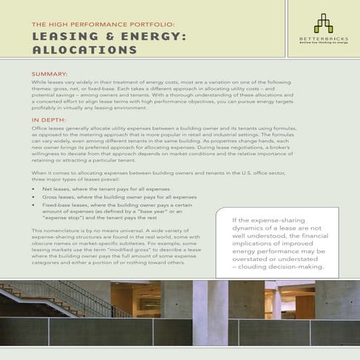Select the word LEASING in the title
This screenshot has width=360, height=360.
[65, 36]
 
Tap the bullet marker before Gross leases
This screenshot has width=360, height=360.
[36, 197]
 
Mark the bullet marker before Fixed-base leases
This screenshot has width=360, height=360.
[36, 206]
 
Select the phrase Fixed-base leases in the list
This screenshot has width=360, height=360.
[65, 206]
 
